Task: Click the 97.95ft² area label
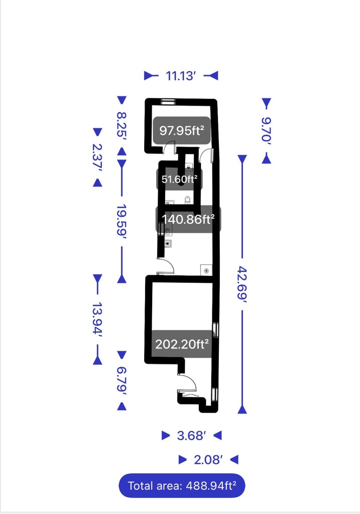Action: pos(181,131)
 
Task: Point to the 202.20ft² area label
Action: pos(181,345)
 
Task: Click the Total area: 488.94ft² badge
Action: pos(182,485)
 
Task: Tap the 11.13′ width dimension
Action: pos(181,76)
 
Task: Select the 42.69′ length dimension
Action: pos(242,283)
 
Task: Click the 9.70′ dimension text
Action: pos(266,131)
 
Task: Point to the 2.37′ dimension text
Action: pos(97,157)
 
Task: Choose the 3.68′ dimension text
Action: pos(191,436)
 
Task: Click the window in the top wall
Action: pos(168,102)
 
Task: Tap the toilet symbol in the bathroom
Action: pos(188,200)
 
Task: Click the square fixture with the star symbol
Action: pos(206,270)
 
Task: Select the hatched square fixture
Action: pos(169,243)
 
